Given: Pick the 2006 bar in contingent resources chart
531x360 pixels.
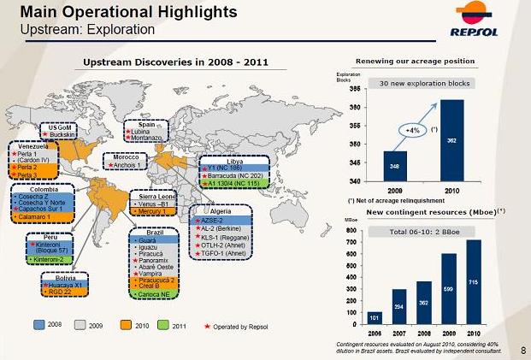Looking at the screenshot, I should (x=375, y=317).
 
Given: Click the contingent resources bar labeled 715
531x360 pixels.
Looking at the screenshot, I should (x=474, y=282).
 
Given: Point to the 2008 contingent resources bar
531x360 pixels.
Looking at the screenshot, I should (x=424, y=303).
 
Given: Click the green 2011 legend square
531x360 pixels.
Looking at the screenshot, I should (x=165, y=326).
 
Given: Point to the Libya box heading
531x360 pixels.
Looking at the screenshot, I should (x=234, y=161).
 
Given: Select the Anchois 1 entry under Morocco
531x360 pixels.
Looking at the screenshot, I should (x=125, y=165).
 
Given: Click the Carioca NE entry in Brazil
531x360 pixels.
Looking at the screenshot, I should (x=156, y=293).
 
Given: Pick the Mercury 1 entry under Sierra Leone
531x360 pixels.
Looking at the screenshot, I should (x=156, y=211).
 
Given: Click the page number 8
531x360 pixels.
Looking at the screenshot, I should (x=522, y=350).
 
